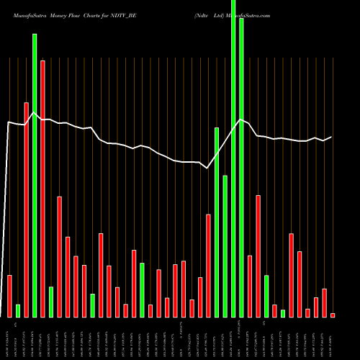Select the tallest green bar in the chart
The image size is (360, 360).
(x=233, y=158)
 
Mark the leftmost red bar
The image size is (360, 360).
(x=10, y=296)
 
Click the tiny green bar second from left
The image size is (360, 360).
(x=18, y=310)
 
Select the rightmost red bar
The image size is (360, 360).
(x=333, y=315)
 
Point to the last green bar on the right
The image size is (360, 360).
(x=283, y=313)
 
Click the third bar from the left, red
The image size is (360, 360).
(x=27, y=210)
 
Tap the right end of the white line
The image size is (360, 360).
(x=332, y=137)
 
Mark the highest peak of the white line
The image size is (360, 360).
(x=240, y=120)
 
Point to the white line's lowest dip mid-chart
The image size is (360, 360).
(x=207, y=168)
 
